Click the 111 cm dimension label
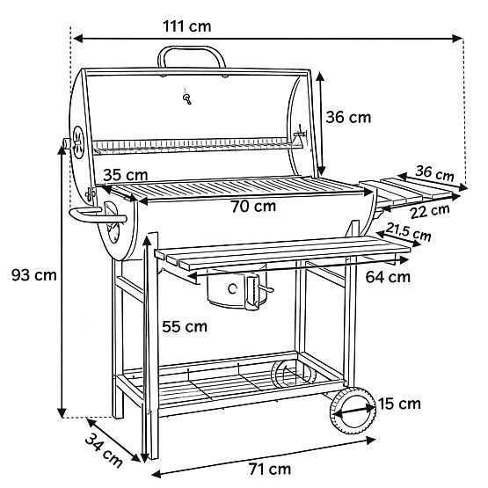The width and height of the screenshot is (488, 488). tap(186, 25)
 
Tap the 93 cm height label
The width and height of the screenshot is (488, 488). tap(33, 275)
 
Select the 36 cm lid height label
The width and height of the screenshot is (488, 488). tap(349, 117)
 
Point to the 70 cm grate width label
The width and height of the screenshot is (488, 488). tap(253, 208)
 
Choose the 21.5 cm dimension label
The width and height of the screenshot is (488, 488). tap(409, 234)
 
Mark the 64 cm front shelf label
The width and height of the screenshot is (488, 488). tap(387, 276)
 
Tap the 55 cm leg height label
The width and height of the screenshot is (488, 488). tap(185, 326)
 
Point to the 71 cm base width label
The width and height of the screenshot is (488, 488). tap(268, 469)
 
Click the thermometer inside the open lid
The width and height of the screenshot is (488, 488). tap(186, 97)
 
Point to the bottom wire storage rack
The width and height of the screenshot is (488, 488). tap(237, 380)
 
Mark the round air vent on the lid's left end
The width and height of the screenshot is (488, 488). tap(78, 141)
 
